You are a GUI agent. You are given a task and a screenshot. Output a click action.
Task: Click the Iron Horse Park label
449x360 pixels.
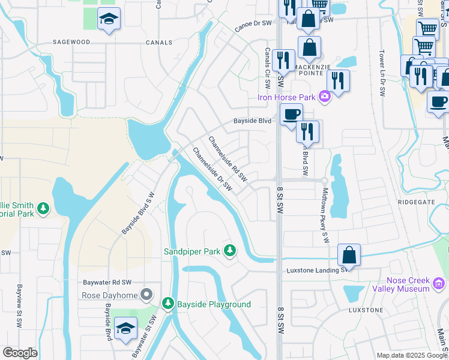click(286, 97)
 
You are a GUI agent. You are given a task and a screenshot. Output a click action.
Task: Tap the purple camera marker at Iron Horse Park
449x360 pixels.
click(325, 96)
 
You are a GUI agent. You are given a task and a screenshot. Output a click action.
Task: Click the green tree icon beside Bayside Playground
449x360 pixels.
click(170, 304)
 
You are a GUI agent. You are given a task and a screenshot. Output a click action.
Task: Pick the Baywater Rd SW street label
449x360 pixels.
click(107, 282)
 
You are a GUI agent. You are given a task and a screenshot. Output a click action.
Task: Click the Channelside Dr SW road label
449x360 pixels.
click(212, 169)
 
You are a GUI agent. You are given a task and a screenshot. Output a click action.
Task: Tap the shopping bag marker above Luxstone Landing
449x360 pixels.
click(349, 255)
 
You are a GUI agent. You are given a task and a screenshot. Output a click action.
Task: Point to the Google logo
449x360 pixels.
click(20, 353)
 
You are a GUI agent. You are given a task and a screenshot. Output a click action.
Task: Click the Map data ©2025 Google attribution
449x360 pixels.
click(412, 355)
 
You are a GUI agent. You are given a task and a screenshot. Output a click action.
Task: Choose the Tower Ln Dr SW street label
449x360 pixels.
click(382, 71)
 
